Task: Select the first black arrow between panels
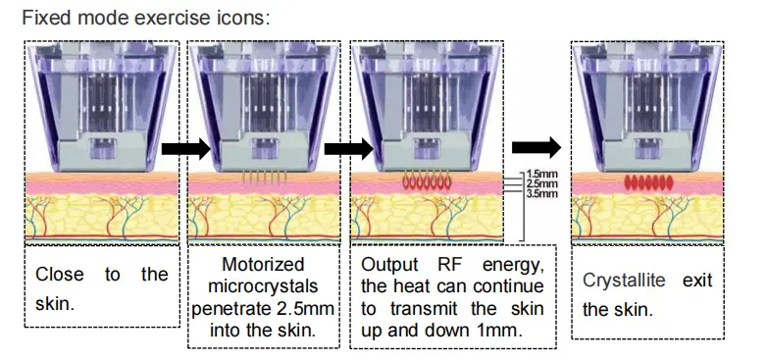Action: pos(184,148)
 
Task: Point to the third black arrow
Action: pos(536,147)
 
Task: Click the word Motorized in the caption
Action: pos(262,265)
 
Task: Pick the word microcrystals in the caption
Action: pos(263,286)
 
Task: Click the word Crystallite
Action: pos(624,281)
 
